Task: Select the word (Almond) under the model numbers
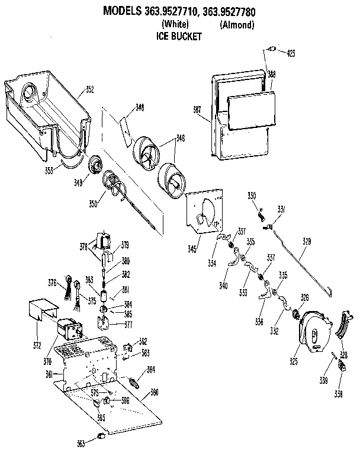pos(237,25)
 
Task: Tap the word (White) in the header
pos(175,25)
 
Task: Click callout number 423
pos(290,53)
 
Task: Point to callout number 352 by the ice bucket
pos(89,89)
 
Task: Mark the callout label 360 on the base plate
pos(154,392)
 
